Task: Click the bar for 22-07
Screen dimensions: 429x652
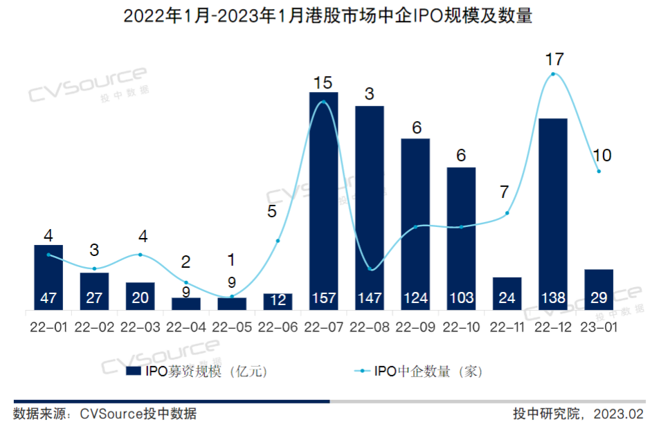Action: pyautogui.click(x=323, y=201)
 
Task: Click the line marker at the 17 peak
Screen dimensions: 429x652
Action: pyautogui.click(x=553, y=74)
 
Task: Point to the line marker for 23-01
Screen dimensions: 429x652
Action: pyautogui.click(x=599, y=171)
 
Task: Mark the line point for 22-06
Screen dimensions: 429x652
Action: pyautogui.click(x=278, y=241)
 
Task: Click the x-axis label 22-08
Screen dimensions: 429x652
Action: pyautogui.click(x=369, y=326)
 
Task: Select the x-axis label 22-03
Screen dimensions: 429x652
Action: pyautogui.click(x=140, y=326)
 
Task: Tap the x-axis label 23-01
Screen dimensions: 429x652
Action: pyautogui.click(x=599, y=326)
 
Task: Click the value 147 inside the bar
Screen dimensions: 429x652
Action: pyautogui.click(x=369, y=298)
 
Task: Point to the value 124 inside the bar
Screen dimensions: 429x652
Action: pyautogui.click(x=415, y=298)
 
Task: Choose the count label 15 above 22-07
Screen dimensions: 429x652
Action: pyautogui.click(x=323, y=83)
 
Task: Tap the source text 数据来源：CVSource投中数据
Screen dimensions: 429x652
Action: pyautogui.click(x=105, y=414)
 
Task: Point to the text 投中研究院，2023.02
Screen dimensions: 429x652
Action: pyautogui.click(x=578, y=414)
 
